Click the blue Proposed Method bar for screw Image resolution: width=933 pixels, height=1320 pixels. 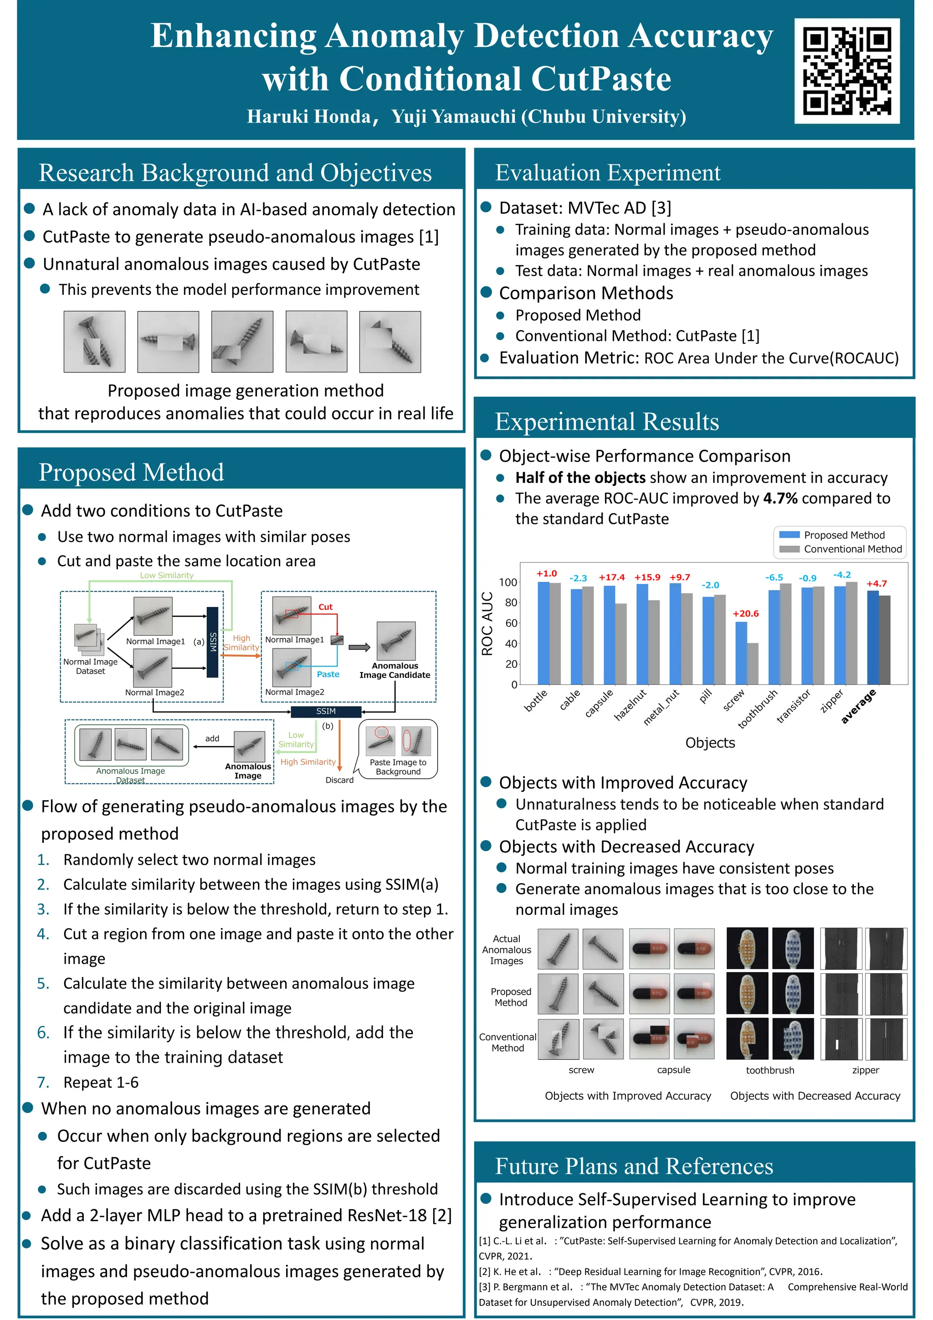(x=741, y=652)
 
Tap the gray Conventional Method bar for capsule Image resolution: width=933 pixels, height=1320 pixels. (x=621, y=643)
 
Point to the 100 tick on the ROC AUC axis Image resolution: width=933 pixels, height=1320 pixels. (x=508, y=582)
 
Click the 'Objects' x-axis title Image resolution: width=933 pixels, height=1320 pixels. (x=710, y=743)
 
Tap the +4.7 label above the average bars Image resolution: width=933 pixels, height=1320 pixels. (x=877, y=584)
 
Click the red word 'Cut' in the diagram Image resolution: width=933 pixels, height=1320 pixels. (x=325, y=607)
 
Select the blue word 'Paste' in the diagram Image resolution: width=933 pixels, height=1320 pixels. (x=328, y=674)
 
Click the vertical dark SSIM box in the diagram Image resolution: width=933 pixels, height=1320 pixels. (x=213, y=642)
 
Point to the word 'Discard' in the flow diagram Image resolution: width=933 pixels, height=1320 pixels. (x=339, y=780)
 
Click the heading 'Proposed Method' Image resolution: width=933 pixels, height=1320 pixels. (x=131, y=473)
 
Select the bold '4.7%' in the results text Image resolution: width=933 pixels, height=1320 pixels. (x=780, y=498)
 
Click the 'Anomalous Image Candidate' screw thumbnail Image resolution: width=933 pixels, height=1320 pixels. (x=395, y=641)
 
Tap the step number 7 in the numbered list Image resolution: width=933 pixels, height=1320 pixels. (x=43, y=1083)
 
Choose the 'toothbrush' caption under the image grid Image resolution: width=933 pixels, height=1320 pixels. (x=770, y=1070)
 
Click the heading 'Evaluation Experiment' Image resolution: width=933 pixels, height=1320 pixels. (x=608, y=173)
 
